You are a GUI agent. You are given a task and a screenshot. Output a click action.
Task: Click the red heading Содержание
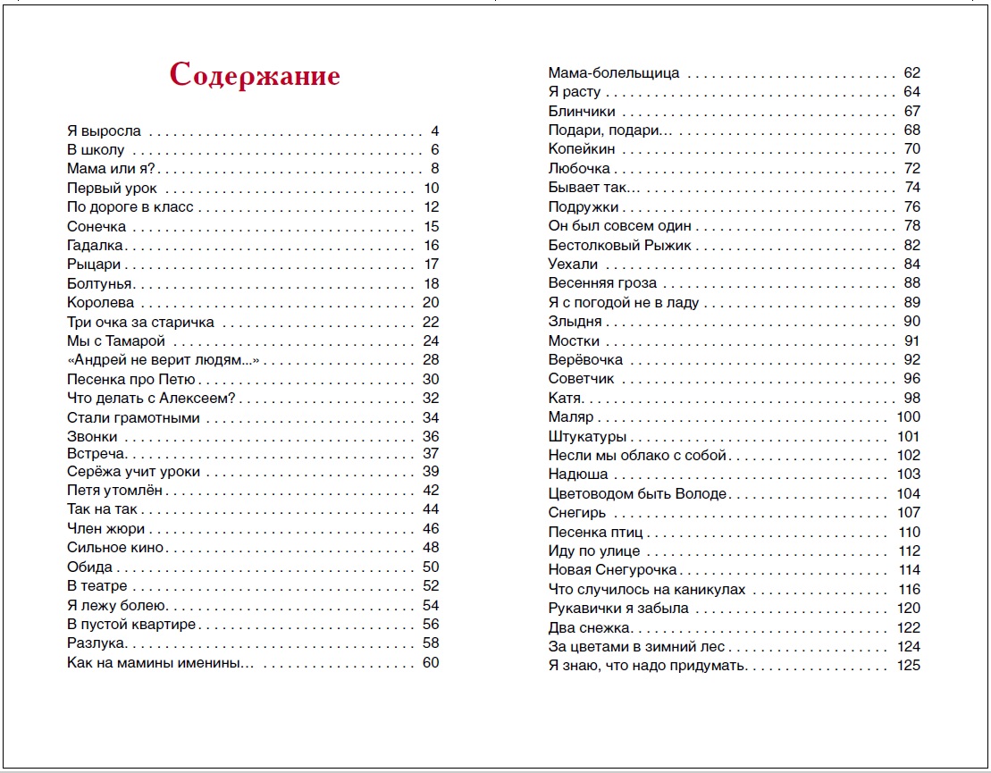click(255, 75)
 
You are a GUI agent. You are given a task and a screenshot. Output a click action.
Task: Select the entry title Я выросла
click(105, 130)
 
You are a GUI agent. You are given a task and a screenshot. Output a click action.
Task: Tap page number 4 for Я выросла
click(434, 130)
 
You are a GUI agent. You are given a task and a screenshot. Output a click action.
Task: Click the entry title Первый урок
click(112, 188)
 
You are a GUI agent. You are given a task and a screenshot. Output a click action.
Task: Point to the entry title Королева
click(101, 302)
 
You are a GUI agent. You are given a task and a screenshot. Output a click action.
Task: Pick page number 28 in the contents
click(431, 360)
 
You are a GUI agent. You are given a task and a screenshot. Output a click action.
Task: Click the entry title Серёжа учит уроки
click(134, 471)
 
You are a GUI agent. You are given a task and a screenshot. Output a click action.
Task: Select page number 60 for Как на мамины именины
click(431, 662)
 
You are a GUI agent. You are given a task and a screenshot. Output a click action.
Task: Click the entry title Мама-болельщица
click(613, 72)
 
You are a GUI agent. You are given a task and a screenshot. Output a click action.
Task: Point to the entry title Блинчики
click(582, 112)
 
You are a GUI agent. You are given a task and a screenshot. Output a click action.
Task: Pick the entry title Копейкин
click(582, 149)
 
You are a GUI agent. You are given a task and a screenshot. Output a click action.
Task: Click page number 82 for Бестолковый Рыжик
click(911, 245)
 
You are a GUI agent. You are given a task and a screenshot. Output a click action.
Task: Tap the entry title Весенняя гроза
click(602, 283)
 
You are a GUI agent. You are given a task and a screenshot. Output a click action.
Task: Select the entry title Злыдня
click(575, 322)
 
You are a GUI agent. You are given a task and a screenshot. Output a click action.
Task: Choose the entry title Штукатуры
click(587, 437)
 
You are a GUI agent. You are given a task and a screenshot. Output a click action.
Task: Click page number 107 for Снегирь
click(908, 513)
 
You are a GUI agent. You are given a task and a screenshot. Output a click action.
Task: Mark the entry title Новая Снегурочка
click(613, 570)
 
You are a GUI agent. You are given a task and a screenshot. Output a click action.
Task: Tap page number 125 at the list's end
click(908, 666)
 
